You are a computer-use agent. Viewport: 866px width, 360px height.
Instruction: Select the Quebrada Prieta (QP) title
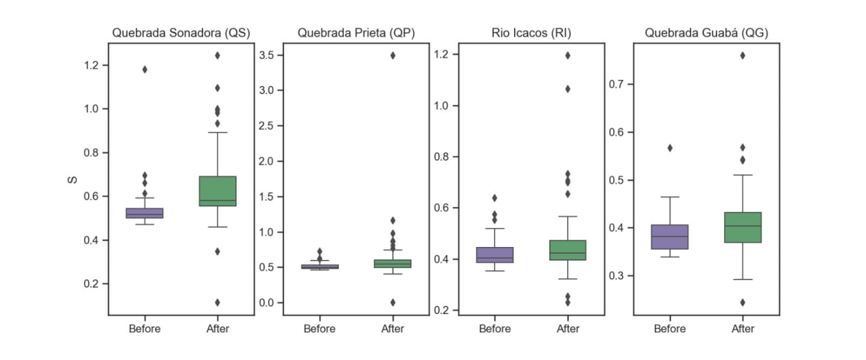(356, 32)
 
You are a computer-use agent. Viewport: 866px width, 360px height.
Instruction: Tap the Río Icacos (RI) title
(531, 32)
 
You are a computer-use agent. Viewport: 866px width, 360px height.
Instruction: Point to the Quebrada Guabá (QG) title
(706, 32)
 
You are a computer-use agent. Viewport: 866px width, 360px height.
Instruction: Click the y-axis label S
(71, 179)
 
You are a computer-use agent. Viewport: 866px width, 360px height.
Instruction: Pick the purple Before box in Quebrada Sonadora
(145, 213)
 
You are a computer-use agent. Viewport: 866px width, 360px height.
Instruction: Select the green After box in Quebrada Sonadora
(218, 191)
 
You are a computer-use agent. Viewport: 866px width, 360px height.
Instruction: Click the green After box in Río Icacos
(568, 250)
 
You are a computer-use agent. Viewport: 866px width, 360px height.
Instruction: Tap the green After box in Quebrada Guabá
(743, 227)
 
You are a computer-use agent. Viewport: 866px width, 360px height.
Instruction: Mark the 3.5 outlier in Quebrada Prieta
(393, 55)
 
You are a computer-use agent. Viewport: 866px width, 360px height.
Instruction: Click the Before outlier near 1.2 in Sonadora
(145, 69)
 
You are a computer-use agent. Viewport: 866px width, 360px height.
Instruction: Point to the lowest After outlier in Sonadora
(218, 302)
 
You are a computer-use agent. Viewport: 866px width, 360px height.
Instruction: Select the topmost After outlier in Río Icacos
(568, 55)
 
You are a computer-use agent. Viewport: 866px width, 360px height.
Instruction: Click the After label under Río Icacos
(568, 329)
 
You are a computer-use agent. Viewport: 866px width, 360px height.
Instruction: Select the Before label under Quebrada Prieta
(319, 329)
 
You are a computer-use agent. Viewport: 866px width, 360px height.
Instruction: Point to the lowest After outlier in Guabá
(743, 302)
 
